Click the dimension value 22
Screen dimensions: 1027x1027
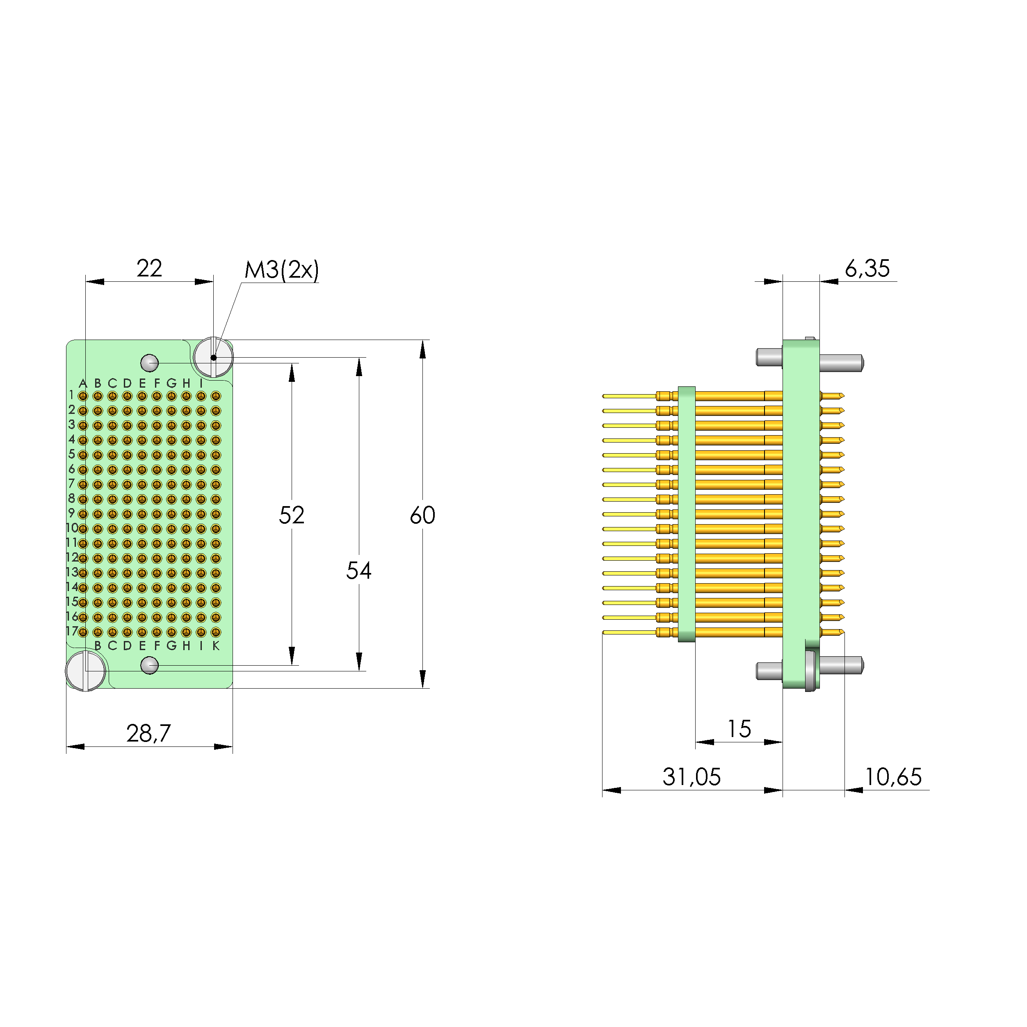[x=149, y=269]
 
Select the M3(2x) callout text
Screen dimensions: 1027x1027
[x=281, y=270]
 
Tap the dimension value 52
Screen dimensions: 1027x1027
[x=291, y=515]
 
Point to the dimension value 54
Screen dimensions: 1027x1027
[x=359, y=571]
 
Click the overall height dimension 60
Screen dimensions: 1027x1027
[x=422, y=515]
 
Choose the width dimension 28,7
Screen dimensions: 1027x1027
[x=148, y=734]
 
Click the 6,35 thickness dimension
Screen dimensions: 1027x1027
[x=867, y=269]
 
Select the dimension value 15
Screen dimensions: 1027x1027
[x=739, y=729]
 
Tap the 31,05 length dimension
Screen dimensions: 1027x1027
[x=692, y=777]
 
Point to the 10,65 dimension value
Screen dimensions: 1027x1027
[x=893, y=777]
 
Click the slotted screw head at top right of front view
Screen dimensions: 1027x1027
[x=213, y=357]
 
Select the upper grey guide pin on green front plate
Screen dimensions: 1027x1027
[x=149, y=363]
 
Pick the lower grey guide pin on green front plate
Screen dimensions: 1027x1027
[x=149, y=665]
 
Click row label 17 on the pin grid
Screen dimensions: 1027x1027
[x=72, y=631]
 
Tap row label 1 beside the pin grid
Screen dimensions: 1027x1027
[x=71, y=395]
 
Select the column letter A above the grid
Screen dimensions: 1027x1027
[x=82, y=383]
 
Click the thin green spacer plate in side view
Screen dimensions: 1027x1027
[x=687, y=514]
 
